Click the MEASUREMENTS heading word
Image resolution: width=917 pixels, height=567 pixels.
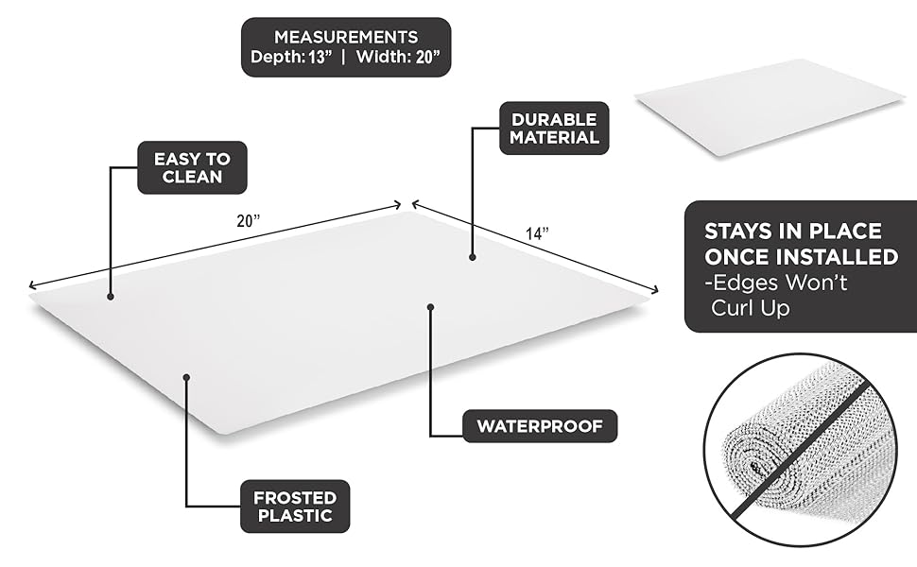(x=345, y=37)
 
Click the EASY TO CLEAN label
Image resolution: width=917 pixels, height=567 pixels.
(x=192, y=168)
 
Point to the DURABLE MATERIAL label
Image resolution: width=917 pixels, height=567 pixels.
(x=554, y=129)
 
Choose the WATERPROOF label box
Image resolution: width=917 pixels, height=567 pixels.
(x=539, y=425)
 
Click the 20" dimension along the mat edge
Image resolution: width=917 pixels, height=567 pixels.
(x=249, y=221)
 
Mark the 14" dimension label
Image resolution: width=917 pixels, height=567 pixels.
(x=538, y=232)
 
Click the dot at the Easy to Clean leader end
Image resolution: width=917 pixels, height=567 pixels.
(x=111, y=297)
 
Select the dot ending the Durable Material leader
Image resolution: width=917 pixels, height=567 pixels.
(x=473, y=256)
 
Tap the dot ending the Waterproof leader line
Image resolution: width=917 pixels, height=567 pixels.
(x=431, y=306)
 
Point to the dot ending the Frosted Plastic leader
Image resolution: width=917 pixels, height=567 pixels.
(x=187, y=376)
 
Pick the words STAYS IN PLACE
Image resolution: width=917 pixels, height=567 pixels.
(x=792, y=232)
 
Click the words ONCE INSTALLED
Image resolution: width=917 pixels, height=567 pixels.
(x=801, y=257)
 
